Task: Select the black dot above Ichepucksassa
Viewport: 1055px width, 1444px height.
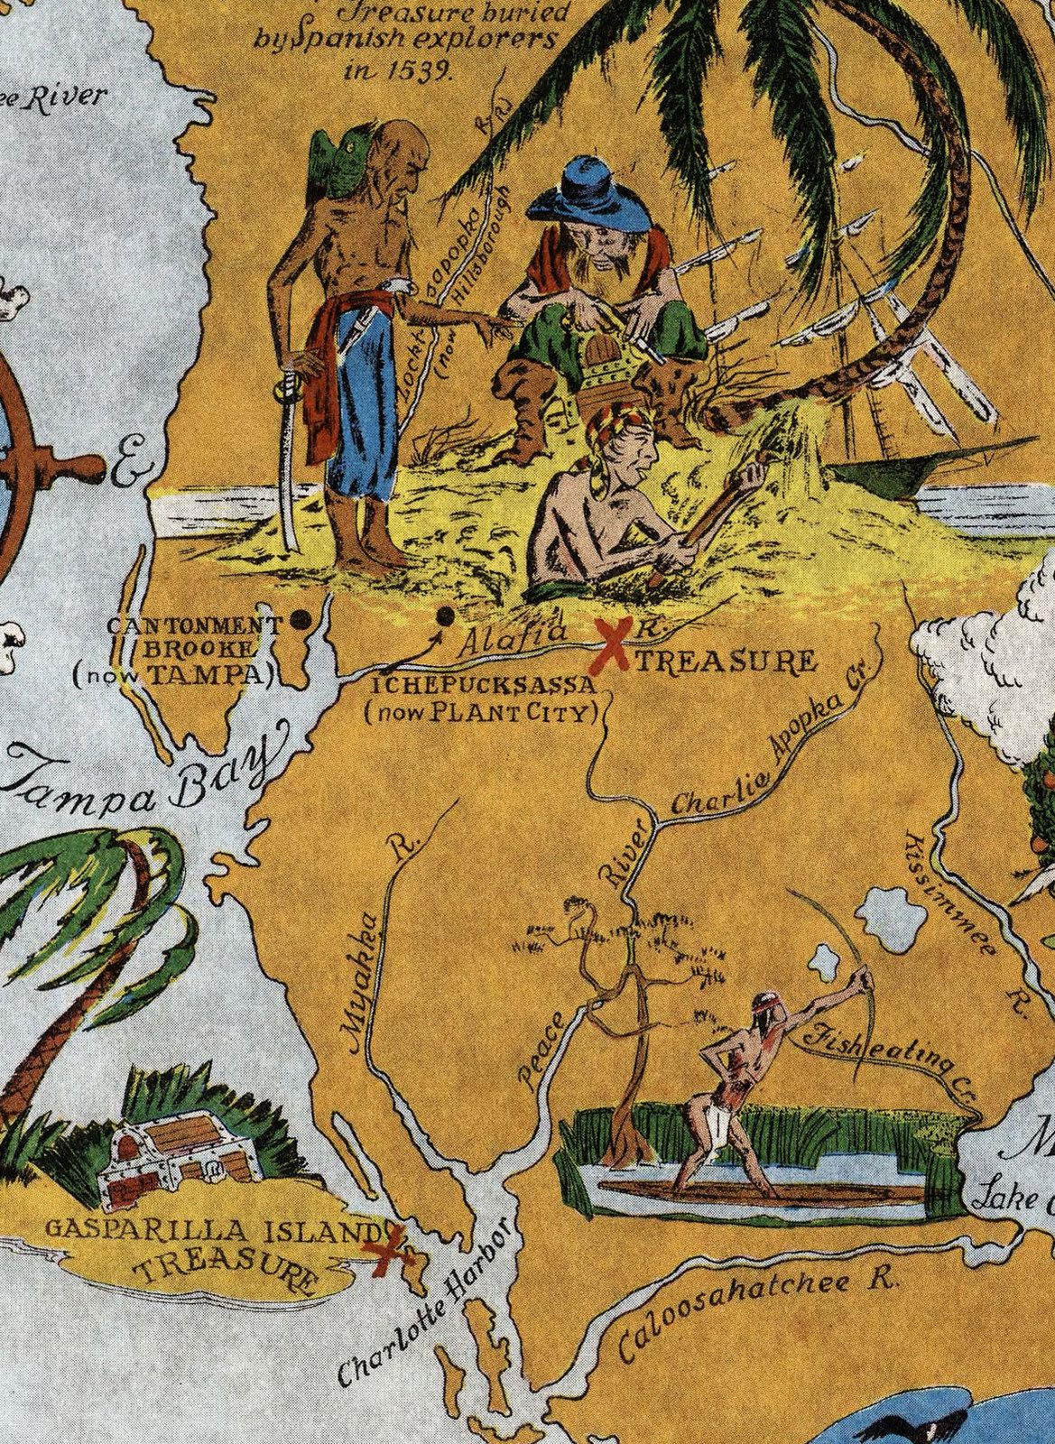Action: tap(445, 616)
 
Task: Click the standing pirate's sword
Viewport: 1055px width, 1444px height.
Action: tap(289, 469)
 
